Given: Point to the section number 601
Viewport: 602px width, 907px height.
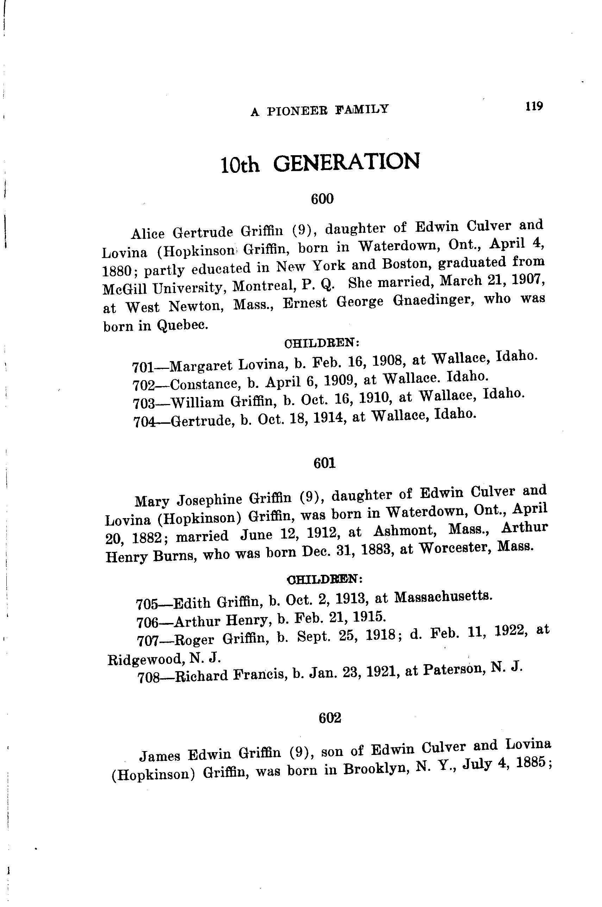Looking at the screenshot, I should [x=325, y=463].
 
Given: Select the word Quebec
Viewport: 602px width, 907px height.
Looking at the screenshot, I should [x=182, y=325].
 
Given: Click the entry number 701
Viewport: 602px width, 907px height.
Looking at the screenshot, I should [x=143, y=367].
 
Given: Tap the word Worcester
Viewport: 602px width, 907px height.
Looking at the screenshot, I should [x=453, y=548].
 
